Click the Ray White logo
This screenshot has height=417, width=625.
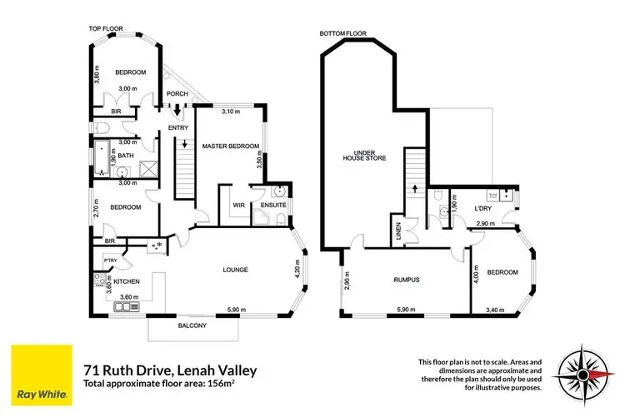tap(38, 372)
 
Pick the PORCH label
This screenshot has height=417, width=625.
tap(177, 94)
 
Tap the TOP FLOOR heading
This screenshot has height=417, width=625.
tap(106, 29)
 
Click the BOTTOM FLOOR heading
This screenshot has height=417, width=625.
tap(342, 34)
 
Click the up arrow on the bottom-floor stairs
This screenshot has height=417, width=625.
tap(414, 189)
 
